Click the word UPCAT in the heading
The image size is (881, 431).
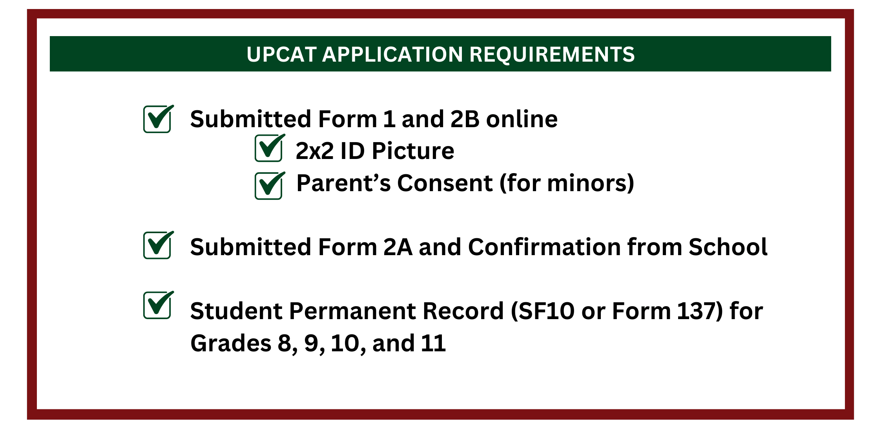[281, 54]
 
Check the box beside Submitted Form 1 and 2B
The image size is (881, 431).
[157, 119]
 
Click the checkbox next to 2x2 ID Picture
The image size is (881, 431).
[269, 148]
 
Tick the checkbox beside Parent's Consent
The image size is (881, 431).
[269, 186]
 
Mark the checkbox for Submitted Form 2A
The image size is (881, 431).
[157, 245]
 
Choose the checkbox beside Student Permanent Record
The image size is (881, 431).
[157, 305]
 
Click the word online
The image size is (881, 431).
[522, 119]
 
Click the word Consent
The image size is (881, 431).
[445, 183]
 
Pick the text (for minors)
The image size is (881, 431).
[567, 183]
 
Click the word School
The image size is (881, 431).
[728, 247]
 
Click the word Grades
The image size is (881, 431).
[231, 343]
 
